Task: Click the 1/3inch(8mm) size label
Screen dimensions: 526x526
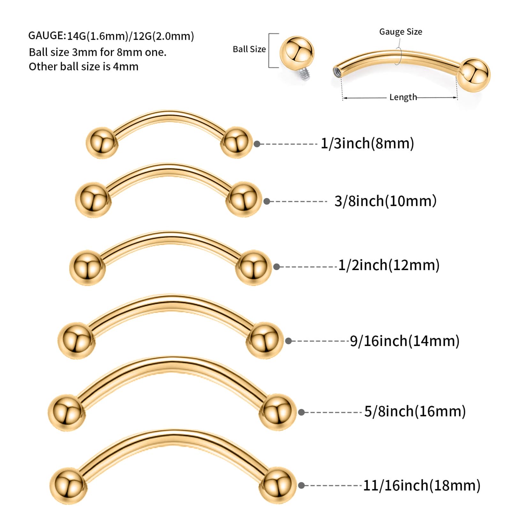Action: [367, 143]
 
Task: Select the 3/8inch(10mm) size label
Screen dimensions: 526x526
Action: [385, 201]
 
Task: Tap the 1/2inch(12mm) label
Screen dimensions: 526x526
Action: [389, 265]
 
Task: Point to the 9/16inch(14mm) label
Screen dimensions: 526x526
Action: [405, 341]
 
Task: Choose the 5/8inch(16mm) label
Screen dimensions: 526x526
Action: [415, 411]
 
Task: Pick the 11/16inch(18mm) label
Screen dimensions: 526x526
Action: [422, 485]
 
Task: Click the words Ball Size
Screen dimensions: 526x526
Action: [249, 49]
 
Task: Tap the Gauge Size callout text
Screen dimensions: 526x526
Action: [401, 32]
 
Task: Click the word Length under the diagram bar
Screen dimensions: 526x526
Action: [403, 97]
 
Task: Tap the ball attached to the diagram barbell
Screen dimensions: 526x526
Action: [474, 75]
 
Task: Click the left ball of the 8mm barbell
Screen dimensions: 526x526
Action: [102, 143]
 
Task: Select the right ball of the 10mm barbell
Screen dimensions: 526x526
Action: [244, 199]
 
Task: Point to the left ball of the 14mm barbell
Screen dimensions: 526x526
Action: [76, 340]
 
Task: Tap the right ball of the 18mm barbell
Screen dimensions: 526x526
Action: [277, 485]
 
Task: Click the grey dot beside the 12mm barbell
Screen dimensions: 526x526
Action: [276, 267]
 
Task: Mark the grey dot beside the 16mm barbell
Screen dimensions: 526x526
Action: [301, 412]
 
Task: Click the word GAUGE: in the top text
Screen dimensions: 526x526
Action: [47, 35]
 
